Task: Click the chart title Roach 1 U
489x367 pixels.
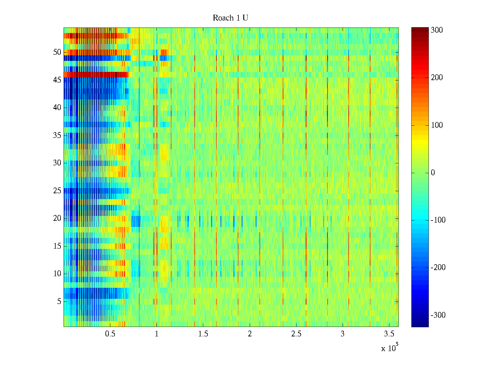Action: tap(230, 18)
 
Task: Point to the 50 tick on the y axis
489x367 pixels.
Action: tap(57, 52)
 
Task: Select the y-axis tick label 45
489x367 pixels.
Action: tap(57, 80)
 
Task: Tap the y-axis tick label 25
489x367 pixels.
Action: tap(57, 191)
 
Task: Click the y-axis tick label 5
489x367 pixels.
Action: tap(59, 302)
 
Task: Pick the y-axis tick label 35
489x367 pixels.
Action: tap(57, 135)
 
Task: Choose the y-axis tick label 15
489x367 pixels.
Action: tap(57, 246)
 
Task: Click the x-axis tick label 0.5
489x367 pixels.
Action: tap(110, 334)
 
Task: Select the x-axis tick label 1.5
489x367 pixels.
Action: tap(203, 334)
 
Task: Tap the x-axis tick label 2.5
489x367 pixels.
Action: tap(296, 334)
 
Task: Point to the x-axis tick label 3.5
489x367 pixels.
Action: tap(389, 334)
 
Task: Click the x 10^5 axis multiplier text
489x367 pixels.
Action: tap(390, 348)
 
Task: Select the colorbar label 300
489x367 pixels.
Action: tap(437, 30)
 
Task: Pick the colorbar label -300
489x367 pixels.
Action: tap(438, 315)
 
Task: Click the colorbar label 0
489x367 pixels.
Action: tap(433, 173)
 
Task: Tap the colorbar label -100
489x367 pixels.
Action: tap(438, 220)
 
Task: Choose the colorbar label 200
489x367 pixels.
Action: tap(437, 78)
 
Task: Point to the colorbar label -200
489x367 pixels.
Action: tap(438, 268)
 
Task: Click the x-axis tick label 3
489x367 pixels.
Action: tap(343, 334)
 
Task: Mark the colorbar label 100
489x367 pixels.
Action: tap(437, 125)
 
